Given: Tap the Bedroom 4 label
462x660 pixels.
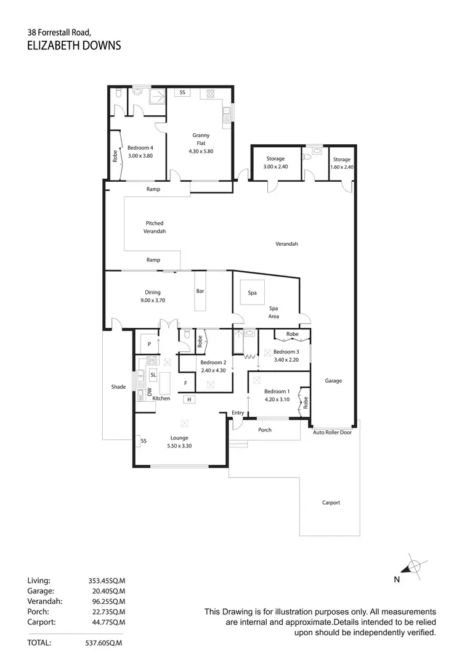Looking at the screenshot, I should pyautogui.click(x=140, y=148).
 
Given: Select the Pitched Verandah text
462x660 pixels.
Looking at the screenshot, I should pyautogui.click(x=155, y=227).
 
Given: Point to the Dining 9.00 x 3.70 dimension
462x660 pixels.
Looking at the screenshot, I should pyautogui.click(x=152, y=300).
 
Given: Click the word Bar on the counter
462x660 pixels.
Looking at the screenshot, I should pyautogui.click(x=200, y=291).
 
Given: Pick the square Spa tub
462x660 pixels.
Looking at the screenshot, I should pyautogui.click(x=252, y=293).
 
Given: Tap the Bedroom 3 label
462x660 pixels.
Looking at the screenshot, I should pyautogui.click(x=286, y=352).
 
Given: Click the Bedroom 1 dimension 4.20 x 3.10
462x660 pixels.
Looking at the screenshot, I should pyautogui.click(x=276, y=399).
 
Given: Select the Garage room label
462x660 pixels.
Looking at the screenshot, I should pyautogui.click(x=333, y=381).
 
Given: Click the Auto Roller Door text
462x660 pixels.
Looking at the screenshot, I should pyautogui.click(x=333, y=432).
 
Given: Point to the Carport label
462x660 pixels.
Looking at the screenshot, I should pyautogui.click(x=331, y=502).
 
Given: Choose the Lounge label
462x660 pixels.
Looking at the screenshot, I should pyautogui.click(x=179, y=438).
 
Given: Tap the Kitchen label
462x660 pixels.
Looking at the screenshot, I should pyautogui.click(x=161, y=399).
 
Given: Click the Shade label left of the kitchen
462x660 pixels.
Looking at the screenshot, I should pyautogui.click(x=118, y=387).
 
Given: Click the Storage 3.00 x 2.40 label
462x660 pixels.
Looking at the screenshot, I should pyautogui.click(x=275, y=163).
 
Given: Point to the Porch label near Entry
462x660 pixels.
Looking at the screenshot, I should pyautogui.click(x=265, y=430).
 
